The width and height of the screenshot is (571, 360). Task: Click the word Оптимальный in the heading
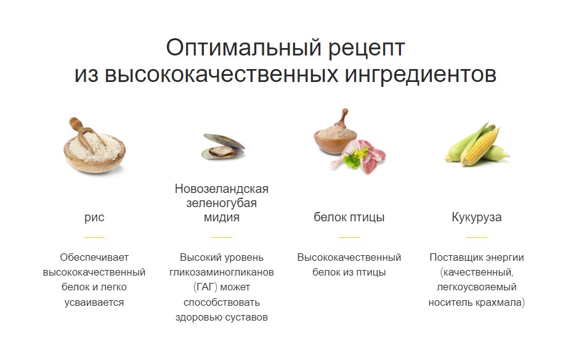tap(244, 47)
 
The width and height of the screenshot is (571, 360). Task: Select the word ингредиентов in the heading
tap(421, 75)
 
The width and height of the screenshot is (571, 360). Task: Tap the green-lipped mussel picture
tap(223, 147)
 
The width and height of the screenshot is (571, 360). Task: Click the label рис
tap(94, 217)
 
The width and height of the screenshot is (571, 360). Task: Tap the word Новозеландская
tap(221, 189)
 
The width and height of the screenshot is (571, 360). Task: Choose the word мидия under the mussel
tap(221, 217)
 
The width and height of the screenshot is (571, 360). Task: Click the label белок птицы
tap(349, 217)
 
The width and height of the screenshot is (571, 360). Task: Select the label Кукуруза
tap(476, 217)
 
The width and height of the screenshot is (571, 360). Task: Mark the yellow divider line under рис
tap(94, 237)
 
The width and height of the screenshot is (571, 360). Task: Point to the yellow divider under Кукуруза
tap(476, 237)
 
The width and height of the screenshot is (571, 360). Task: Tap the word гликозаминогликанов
tap(221, 272)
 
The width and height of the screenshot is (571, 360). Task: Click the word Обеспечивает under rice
tap(94, 257)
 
